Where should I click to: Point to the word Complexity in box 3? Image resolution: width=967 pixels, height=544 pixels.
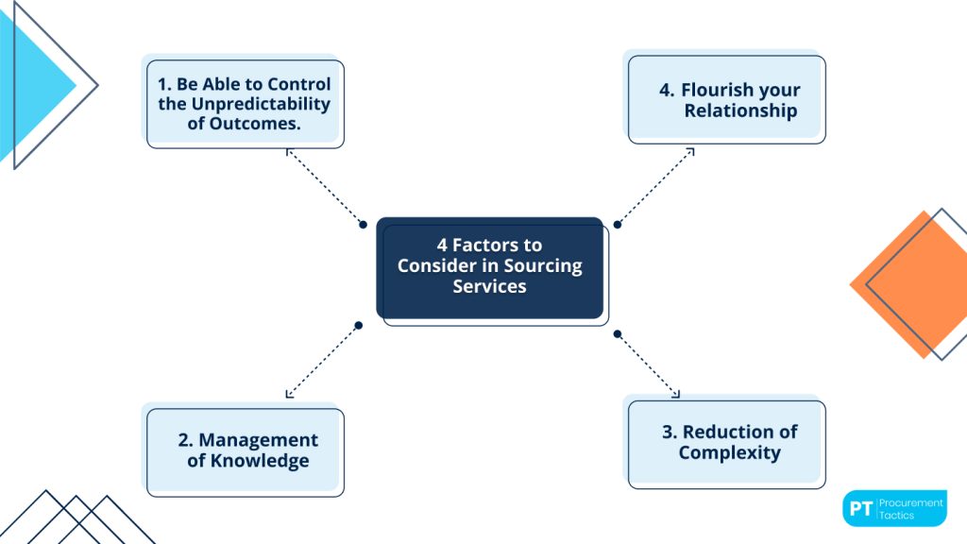click(729, 452)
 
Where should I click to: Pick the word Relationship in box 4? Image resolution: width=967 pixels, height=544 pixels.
click(740, 110)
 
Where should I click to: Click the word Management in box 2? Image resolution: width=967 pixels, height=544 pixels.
click(258, 440)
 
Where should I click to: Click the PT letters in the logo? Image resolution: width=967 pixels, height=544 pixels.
click(859, 509)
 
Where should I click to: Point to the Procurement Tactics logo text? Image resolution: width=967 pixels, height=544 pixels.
click(910, 509)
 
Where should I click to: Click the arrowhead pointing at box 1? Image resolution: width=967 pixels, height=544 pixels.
click(289, 152)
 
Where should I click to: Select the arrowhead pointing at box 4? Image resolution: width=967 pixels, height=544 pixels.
click(690, 150)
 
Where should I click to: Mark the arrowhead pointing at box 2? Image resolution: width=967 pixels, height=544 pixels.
click(289, 393)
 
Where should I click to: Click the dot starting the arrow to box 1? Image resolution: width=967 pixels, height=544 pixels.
click(362, 225)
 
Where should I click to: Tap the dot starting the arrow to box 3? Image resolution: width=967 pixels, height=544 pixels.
click(617, 333)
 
